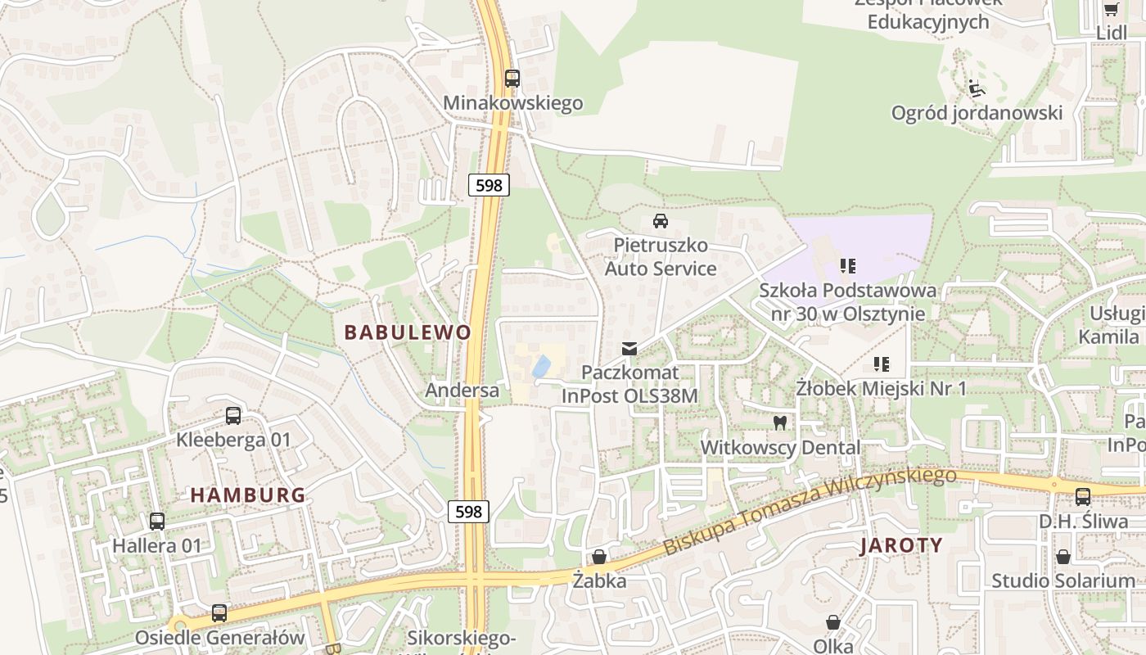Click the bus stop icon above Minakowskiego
point(512,79)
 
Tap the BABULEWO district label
point(408,332)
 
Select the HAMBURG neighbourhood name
point(248,495)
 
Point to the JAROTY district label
point(901,545)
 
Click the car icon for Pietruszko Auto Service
point(660,221)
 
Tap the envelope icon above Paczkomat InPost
point(629,349)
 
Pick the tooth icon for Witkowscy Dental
point(779,423)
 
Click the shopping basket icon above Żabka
point(600,557)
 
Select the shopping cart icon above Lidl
point(1111,9)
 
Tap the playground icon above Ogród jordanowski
point(976,88)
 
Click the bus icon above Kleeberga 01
point(233,416)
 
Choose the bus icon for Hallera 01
point(156,521)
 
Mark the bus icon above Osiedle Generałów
point(219,612)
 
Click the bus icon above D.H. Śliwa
point(1082,496)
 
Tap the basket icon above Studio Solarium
point(1063,557)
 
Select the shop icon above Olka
point(832,622)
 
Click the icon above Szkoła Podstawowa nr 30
point(847,266)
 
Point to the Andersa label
point(462,391)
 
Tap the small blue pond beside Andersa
point(541,366)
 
